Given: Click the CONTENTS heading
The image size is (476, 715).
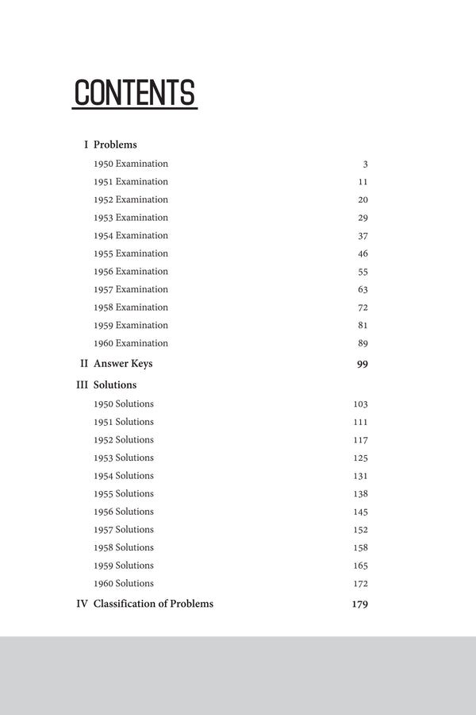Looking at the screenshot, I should [x=134, y=93].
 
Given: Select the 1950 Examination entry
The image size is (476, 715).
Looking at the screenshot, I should [x=131, y=164].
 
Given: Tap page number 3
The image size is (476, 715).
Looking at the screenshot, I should [x=365, y=164].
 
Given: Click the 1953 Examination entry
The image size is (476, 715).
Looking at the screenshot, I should [x=131, y=218].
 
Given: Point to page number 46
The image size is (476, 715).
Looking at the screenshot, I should [x=363, y=254].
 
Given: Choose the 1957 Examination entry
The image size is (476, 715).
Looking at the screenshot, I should [x=131, y=289].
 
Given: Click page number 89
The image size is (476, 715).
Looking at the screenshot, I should [x=363, y=344].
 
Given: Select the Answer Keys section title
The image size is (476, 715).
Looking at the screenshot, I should [x=123, y=364].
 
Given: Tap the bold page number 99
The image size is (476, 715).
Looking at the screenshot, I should [x=362, y=365].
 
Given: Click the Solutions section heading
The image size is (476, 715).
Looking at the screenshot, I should [x=115, y=385].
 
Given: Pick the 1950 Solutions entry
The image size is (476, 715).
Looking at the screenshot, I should [x=124, y=404].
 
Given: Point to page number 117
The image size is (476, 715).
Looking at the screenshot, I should [x=360, y=440].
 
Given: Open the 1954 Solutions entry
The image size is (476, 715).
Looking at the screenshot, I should [x=124, y=476].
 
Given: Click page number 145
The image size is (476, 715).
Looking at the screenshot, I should [x=360, y=512].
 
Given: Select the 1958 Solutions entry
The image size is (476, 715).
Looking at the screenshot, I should [x=124, y=547].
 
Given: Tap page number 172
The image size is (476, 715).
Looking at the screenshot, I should [x=360, y=584].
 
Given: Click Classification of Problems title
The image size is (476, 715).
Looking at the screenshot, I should [x=153, y=604].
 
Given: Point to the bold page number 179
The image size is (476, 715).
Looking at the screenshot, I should [x=359, y=605].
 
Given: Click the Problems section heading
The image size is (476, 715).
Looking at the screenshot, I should [x=115, y=145].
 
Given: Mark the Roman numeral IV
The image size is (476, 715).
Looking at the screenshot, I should [x=82, y=604].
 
